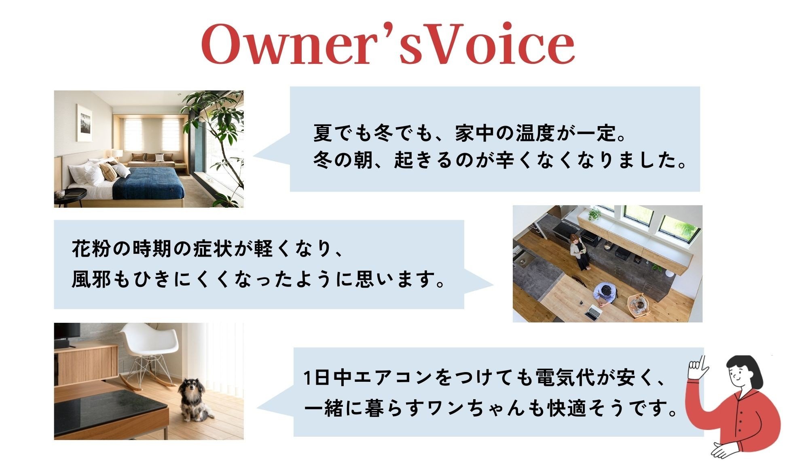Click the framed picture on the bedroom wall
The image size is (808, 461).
84,122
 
